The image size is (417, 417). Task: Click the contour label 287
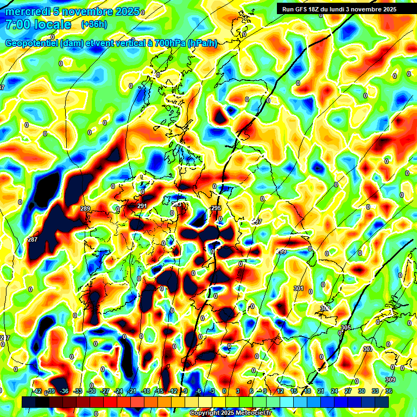[x=32, y=239]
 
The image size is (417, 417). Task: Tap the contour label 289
[x=85, y=208]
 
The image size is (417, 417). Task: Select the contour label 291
[x=142, y=206]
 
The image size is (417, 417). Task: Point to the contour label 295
[x=216, y=208]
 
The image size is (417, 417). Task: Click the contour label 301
[x=298, y=288]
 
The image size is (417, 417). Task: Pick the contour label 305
[x=346, y=327]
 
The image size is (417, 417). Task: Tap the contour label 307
[x=368, y=349]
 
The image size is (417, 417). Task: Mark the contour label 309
[x=390, y=379]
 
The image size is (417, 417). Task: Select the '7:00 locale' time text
[x=38, y=24]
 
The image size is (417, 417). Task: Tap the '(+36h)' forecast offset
[x=93, y=24]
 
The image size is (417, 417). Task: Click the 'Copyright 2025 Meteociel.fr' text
[x=231, y=413]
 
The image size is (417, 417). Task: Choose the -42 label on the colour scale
[x=37, y=391]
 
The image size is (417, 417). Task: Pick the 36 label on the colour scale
[x=388, y=391]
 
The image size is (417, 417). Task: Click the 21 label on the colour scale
[x=320, y=391]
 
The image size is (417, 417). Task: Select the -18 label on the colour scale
[x=145, y=391]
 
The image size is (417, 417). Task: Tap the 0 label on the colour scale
[x=224, y=391]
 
